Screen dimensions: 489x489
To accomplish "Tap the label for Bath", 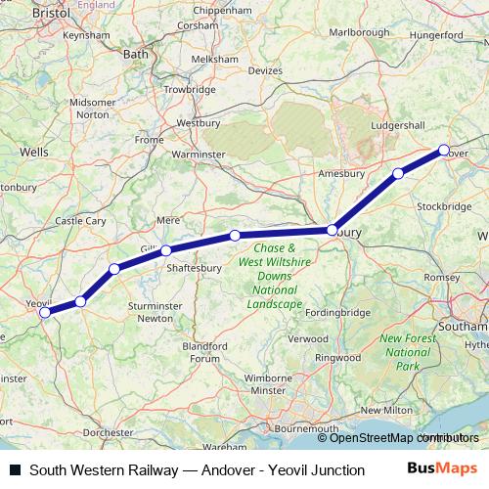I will (x=134, y=55).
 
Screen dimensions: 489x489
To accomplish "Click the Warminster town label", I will (x=199, y=155).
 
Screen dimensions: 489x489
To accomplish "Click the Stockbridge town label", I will (x=444, y=206).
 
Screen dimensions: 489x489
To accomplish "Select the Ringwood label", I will (x=338, y=357).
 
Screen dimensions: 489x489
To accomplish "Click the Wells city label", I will (x=33, y=153).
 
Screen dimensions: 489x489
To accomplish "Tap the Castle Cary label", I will (x=81, y=221).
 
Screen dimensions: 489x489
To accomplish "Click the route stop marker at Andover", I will (x=444, y=151).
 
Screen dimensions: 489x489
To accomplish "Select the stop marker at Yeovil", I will (x=44, y=313).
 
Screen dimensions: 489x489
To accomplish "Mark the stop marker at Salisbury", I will (x=333, y=230).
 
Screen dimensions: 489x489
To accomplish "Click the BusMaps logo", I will (x=443, y=469).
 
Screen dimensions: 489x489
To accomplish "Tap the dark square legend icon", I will (x=15, y=470).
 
